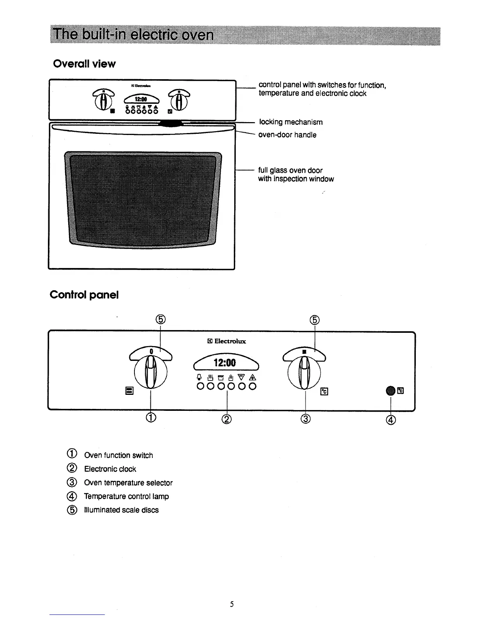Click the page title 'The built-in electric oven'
[134, 35]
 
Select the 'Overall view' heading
[84, 64]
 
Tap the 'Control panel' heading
[84, 295]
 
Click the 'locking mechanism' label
[291, 122]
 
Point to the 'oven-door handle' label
[287, 135]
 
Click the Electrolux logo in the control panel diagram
[227, 341]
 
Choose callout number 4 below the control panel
[391, 420]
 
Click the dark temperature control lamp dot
[390, 390]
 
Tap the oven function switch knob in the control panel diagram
[150, 373]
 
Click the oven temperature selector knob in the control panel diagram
[304, 373]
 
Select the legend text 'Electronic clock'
[110, 469]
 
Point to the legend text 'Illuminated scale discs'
[121, 510]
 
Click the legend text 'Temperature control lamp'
[126, 496]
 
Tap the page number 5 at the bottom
[231, 604]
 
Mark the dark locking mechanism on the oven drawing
[171, 123]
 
